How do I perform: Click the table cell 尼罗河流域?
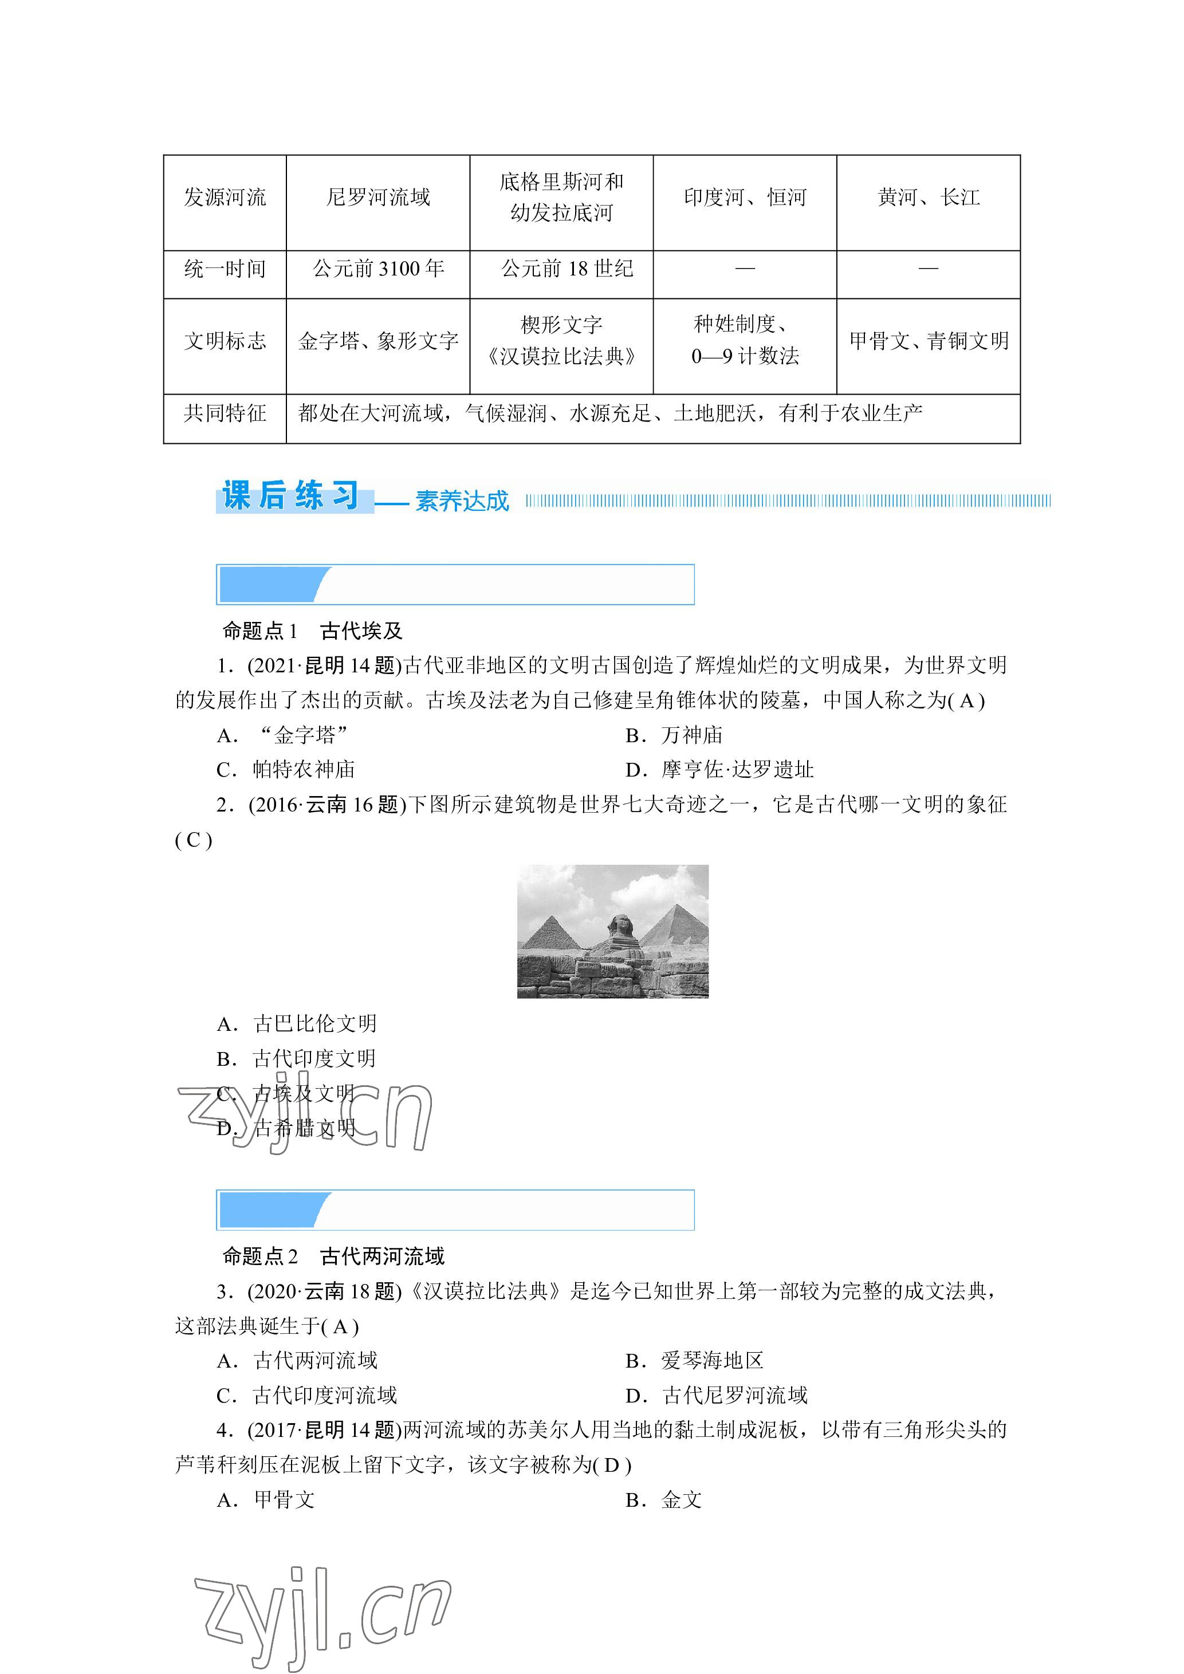(x=377, y=198)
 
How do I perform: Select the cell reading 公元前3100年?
(x=377, y=269)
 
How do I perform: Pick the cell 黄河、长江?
(x=928, y=198)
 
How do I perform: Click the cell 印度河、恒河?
(x=745, y=198)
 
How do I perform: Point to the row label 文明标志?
(x=225, y=341)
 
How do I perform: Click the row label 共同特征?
(x=225, y=413)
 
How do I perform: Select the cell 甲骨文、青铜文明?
(x=928, y=341)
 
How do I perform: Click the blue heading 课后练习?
(x=292, y=496)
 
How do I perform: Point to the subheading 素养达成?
(x=462, y=502)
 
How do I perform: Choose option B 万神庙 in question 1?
(x=674, y=735)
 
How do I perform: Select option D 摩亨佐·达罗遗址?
(x=719, y=770)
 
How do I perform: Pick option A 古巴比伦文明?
(x=297, y=1023)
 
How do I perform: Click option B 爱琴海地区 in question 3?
(x=694, y=1361)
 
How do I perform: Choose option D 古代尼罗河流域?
(x=716, y=1396)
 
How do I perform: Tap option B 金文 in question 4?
(x=663, y=1500)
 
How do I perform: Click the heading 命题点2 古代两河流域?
(x=333, y=1257)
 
